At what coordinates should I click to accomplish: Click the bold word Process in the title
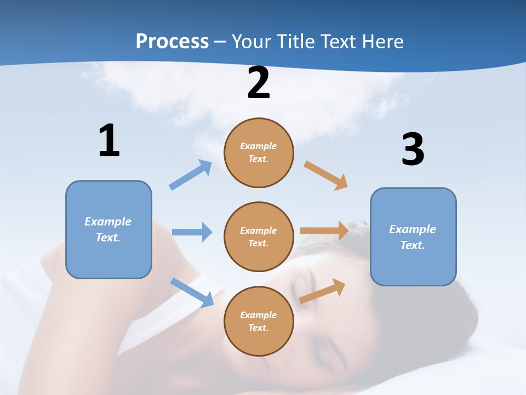pos(172,42)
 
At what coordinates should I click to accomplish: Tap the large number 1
pos(109,141)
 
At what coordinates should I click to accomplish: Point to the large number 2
pos(259,83)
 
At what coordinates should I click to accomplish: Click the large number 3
pos(413,150)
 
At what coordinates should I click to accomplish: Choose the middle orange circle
pos(259,237)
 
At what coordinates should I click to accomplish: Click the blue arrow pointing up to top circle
pos(191,175)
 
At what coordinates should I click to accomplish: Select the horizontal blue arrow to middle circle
pos(192,232)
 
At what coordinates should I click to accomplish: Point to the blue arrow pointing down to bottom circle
pos(192,292)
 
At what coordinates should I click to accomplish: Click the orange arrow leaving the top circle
pos(326,176)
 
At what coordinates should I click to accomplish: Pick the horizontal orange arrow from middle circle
pos(324,231)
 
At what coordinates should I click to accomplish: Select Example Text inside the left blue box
pos(108,229)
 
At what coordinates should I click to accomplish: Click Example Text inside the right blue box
pos(413,237)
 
